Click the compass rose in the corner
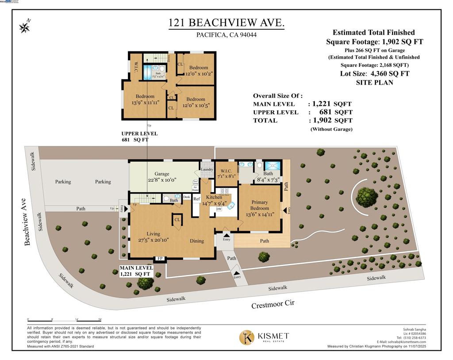(x=25, y=27)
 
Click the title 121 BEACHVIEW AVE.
(x=226, y=23)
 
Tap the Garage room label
(x=162, y=174)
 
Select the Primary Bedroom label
(x=260, y=205)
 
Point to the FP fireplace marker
(x=160, y=259)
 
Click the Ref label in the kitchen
(x=196, y=199)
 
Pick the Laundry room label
(x=207, y=170)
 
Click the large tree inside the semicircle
(x=367, y=195)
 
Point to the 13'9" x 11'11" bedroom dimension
(x=145, y=103)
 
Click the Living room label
(x=154, y=234)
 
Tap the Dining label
(x=197, y=241)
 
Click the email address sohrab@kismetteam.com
(x=401, y=342)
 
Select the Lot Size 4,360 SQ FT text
(x=374, y=74)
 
